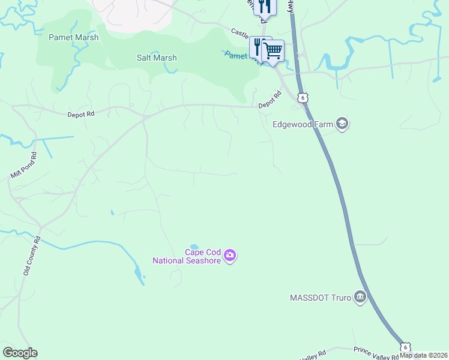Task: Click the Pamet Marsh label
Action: pos(74,37)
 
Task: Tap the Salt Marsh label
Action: pos(156,58)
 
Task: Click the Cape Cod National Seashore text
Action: pos(187,257)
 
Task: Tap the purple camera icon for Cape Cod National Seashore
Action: pos(230,256)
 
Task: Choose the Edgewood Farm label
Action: pos(302,125)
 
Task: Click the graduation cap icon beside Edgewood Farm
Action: pos(342,124)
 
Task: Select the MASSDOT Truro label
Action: pos(320,298)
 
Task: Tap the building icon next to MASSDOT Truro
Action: pos(360,297)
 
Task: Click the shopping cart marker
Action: pos(273,50)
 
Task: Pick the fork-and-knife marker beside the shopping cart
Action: pos(258,47)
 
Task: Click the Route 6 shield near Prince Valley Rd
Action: pos(406,347)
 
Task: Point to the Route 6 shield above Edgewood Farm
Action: pos(304,98)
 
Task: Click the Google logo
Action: pos(20,353)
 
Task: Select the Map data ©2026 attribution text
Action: pos(424,355)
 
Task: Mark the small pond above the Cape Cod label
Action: pos(194,247)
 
